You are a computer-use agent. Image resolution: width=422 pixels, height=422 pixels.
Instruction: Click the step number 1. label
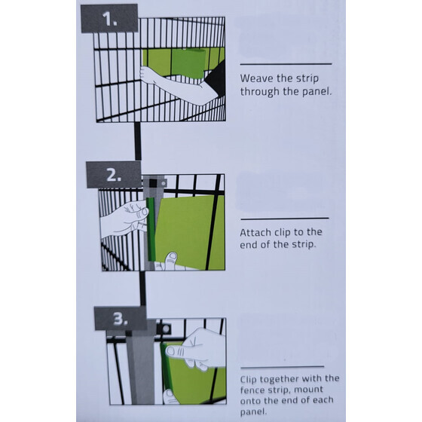[109, 19]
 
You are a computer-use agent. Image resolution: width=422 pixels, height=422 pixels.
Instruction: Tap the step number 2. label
[114, 175]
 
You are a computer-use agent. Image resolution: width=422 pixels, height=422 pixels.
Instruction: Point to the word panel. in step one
[316, 92]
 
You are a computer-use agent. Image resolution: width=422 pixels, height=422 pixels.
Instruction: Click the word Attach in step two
[255, 232]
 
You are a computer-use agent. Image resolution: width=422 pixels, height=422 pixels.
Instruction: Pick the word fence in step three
[252, 390]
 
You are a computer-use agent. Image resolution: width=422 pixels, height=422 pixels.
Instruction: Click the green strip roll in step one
[188, 63]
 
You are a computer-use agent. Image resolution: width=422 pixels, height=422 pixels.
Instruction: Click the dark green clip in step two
[151, 229]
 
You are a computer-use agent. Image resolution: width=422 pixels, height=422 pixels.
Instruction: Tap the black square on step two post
[152, 183]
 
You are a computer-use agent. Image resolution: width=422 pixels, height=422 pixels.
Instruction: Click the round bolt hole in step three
[166, 329]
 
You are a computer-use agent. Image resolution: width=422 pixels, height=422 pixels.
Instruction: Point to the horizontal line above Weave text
[286, 64]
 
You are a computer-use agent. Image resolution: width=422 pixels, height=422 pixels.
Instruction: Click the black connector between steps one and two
[137, 141]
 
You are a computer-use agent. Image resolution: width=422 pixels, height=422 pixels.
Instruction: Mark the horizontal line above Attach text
[285, 219]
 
